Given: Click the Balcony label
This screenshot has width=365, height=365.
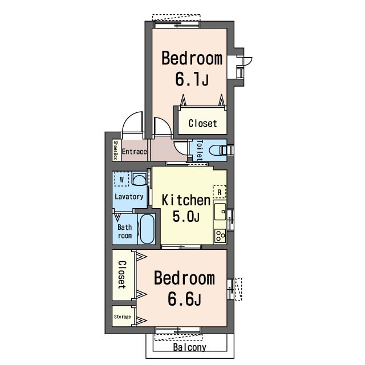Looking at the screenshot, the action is coord(190,347).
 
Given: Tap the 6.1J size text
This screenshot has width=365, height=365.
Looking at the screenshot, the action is coord(192,79).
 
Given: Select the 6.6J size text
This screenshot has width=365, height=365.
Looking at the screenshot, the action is coord(184,299).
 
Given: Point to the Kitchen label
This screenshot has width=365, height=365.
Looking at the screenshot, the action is coord(186,200).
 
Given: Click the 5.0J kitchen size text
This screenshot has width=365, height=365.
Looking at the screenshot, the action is coord(186,216).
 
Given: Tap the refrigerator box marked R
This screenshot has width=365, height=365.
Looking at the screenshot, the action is coord(220,192).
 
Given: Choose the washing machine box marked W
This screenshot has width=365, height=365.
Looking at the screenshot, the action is coord(121,179).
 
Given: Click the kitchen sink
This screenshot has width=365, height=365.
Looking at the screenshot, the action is coord(220,212).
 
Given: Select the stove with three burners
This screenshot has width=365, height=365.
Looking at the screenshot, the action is coord(220,236).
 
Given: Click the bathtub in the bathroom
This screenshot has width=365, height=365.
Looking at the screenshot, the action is coord(147,229).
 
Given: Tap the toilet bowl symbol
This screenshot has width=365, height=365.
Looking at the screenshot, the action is coord(217,151).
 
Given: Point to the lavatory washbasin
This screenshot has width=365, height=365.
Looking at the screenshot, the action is coord(139,179).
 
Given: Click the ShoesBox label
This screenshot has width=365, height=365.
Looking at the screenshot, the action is coord(115,150).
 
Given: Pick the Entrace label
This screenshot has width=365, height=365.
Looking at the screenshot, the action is coord(135,152).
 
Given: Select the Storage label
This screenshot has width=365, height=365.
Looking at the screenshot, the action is coord(123,317).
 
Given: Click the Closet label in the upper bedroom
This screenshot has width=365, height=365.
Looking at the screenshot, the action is coord(203,123).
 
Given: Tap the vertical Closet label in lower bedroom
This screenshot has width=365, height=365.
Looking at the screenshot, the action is coord(122,275).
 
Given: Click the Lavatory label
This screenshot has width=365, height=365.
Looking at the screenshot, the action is coord(129,197).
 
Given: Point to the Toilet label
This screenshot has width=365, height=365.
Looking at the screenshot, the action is coord(200,151).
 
